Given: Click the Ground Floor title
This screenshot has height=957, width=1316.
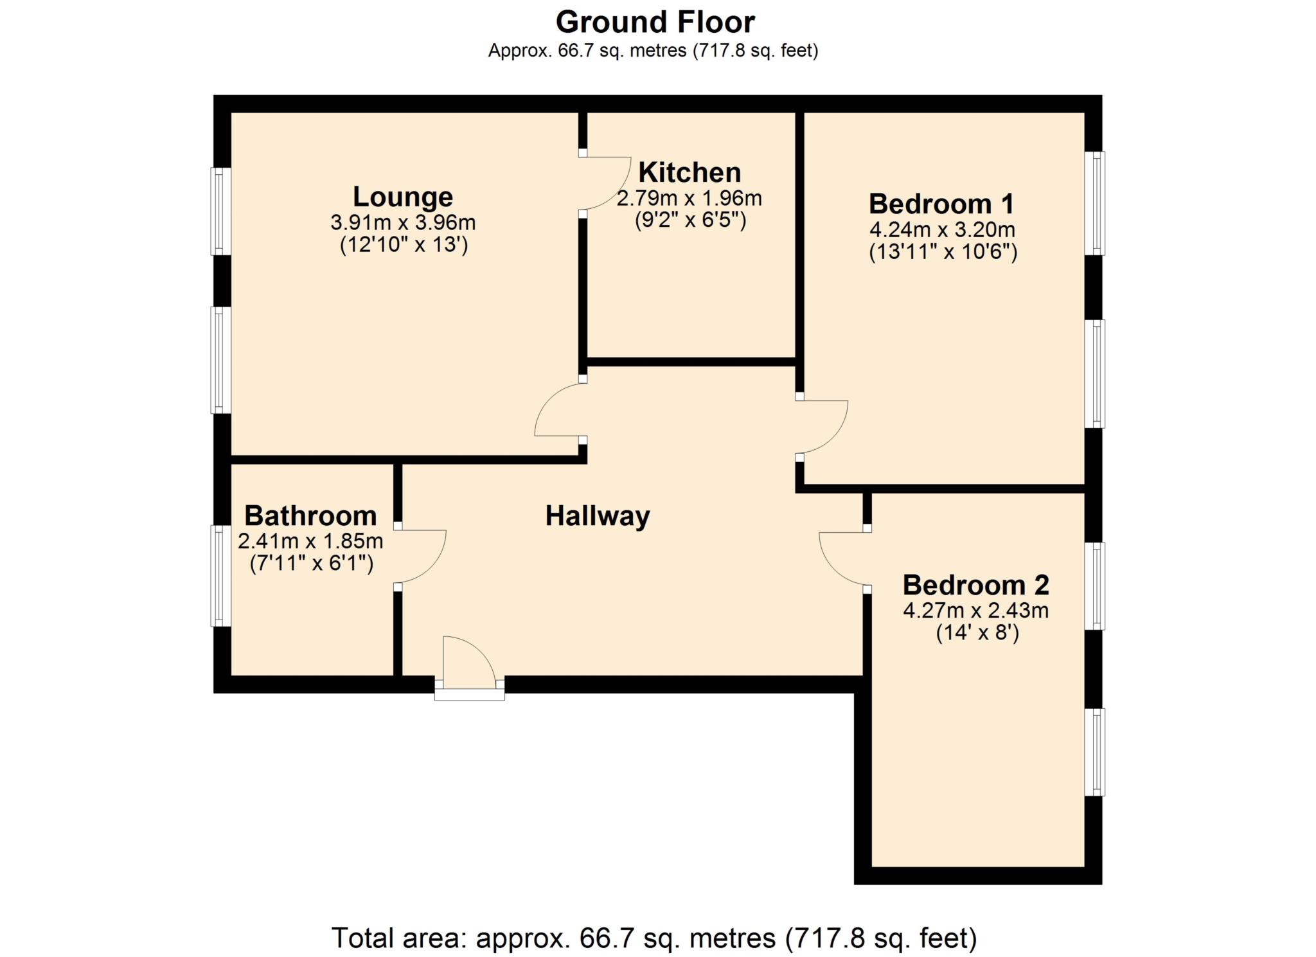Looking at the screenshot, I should [655, 22].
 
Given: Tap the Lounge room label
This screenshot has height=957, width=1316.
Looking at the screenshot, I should [403, 197].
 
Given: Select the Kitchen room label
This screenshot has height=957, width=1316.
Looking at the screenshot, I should [689, 173].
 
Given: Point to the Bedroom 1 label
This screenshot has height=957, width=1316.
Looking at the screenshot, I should [941, 204].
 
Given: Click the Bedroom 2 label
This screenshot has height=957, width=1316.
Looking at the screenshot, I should [975, 586].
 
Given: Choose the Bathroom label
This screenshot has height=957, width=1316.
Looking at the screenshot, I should [310, 516].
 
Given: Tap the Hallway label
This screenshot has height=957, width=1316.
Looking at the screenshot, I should [598, 516].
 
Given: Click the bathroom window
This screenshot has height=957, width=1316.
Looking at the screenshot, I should [221, 576].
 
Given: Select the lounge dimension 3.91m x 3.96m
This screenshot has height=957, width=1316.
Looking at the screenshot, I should [403, 223].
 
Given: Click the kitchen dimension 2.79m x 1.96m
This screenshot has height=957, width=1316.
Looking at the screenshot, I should [689, 199].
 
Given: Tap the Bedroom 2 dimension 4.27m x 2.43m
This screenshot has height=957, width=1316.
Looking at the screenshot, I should [975, 611].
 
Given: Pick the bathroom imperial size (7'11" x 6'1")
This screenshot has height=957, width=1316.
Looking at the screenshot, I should [311, 564].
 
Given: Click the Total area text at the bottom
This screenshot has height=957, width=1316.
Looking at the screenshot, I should [654, 938].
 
